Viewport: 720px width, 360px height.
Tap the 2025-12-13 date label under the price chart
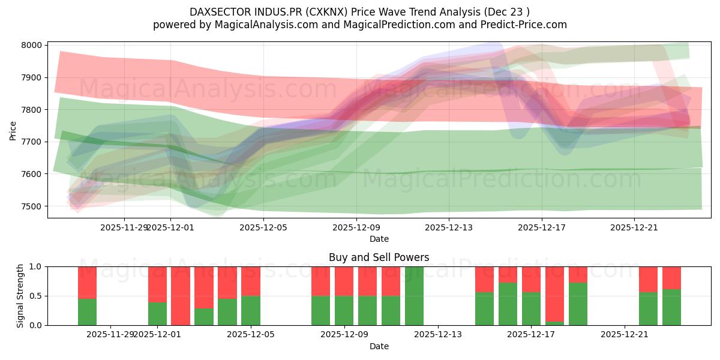(449, 227)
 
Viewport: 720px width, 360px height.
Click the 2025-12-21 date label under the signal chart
(625, 335)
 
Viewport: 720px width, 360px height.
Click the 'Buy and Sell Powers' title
(379, 257)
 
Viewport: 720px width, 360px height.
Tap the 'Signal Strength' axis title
(20, 296)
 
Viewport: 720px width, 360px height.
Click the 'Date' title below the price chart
(379, 239)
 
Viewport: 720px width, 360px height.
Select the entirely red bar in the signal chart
(181, 296)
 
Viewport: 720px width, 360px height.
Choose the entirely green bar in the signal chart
(415, 296)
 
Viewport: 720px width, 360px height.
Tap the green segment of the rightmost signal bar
(671, 307)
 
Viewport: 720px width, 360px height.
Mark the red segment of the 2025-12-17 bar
(531, 279)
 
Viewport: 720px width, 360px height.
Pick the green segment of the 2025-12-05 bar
(251, 310)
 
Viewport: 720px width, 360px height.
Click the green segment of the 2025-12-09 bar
(344, 310)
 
